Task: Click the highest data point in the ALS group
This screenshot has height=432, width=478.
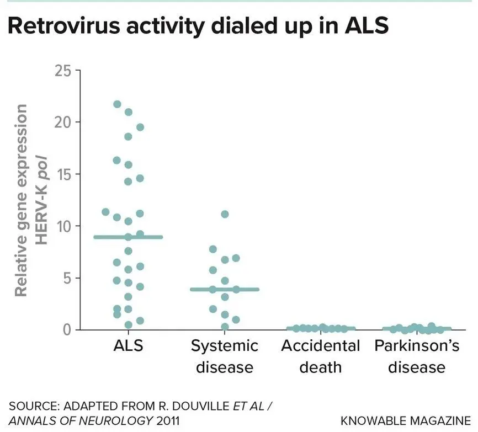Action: [x=117, y=104]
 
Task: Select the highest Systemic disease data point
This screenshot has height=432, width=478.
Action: [x=225, y=214]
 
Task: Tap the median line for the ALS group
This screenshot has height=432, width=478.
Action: [x=128, y=237]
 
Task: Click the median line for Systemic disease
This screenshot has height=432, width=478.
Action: [x=225, y=290]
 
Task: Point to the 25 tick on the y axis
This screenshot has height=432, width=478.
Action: [x=62, y=71]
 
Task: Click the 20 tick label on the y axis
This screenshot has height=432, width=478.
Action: [x=62, y=122]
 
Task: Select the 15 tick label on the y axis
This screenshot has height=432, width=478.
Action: [x=63, y=174]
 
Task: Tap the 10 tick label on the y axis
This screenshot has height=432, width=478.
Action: [x=63, y=226]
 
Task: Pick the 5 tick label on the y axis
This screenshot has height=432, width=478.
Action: [x=67, y=278]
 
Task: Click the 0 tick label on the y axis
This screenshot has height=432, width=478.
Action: [x=67, y=330]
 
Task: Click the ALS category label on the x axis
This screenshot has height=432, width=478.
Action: [x=128, y=346]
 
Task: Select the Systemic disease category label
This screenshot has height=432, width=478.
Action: [x=225, y=356]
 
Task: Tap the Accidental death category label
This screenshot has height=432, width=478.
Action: [x=321, y=356]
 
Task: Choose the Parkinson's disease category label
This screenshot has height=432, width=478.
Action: [x=417, y=356]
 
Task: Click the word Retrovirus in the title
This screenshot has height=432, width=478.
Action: [x=65, y=25]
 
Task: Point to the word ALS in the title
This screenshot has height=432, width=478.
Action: [x=367, y=25]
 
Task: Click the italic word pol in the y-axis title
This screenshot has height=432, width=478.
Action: [x=41, y=168]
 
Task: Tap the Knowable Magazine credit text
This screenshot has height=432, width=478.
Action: [x=406, y=421]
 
